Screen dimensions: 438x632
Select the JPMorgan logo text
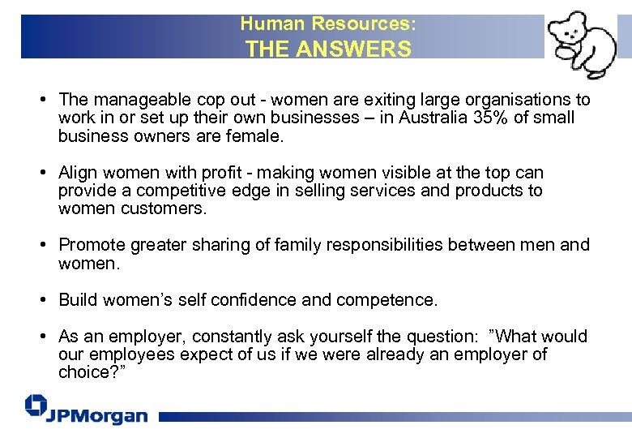click(96, 415)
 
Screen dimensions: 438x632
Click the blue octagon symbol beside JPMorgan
click(35, 407)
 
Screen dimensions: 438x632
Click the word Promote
click(92, 245)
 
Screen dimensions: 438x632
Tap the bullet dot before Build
click(41, 300)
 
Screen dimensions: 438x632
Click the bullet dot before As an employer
click(41, 337)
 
